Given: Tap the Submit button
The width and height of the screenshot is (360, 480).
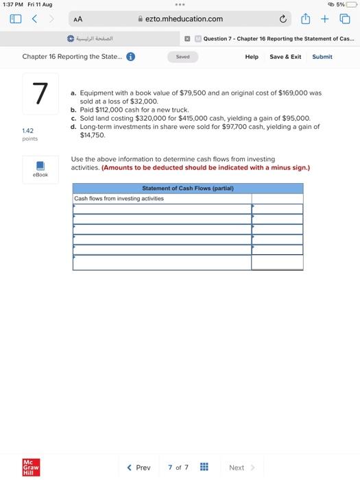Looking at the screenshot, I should (322, 57).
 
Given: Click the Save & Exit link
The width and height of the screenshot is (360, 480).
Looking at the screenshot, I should (285, 57).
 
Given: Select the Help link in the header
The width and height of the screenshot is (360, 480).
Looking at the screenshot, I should (252, 57).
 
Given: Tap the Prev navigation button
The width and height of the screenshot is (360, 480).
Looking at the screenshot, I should (139, 468).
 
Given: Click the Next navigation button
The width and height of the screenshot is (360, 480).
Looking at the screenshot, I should (239, 468).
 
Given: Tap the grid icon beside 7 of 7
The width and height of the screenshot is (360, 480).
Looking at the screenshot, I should (204, 468).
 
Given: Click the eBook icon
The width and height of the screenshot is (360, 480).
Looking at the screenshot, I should (40, 167).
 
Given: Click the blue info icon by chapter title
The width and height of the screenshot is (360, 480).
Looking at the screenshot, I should (130, 57).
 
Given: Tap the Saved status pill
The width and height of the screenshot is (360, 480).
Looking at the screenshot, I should (182, 57).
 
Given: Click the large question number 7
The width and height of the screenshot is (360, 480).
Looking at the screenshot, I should (40, 94).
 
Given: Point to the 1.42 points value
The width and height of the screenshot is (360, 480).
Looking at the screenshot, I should (28, 130).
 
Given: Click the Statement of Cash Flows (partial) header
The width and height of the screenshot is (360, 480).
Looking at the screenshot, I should (187, 188).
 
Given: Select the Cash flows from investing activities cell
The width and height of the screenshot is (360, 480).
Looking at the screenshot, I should (162, 199).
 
